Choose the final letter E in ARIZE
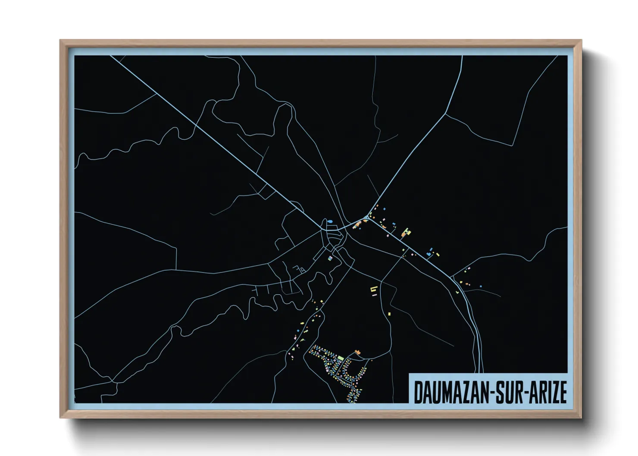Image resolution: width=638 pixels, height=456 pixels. (562, 392)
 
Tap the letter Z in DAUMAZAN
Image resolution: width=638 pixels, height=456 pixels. (466, 392)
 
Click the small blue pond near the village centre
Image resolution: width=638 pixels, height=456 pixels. (330, 222)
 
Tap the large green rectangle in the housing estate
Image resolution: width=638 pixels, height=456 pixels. (341, 358)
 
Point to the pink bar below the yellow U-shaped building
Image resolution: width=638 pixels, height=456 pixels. (374, 295)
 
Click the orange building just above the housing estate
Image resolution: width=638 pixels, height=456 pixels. (357, 353)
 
